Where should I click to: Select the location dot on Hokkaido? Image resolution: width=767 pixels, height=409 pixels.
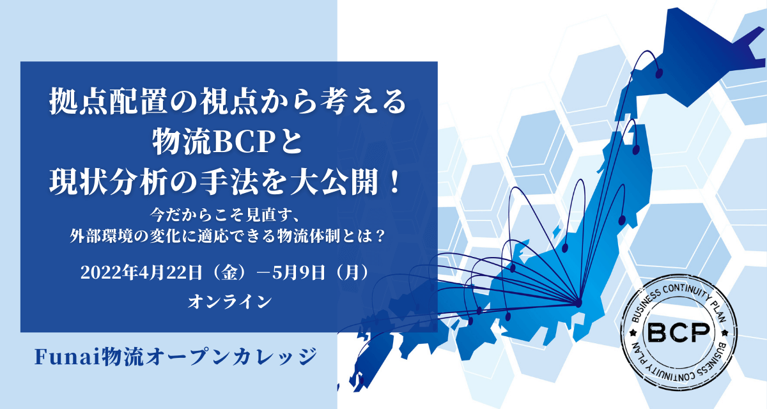[x=658, y=73]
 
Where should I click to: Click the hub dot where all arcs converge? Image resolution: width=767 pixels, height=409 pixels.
[x=578, y=304]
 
